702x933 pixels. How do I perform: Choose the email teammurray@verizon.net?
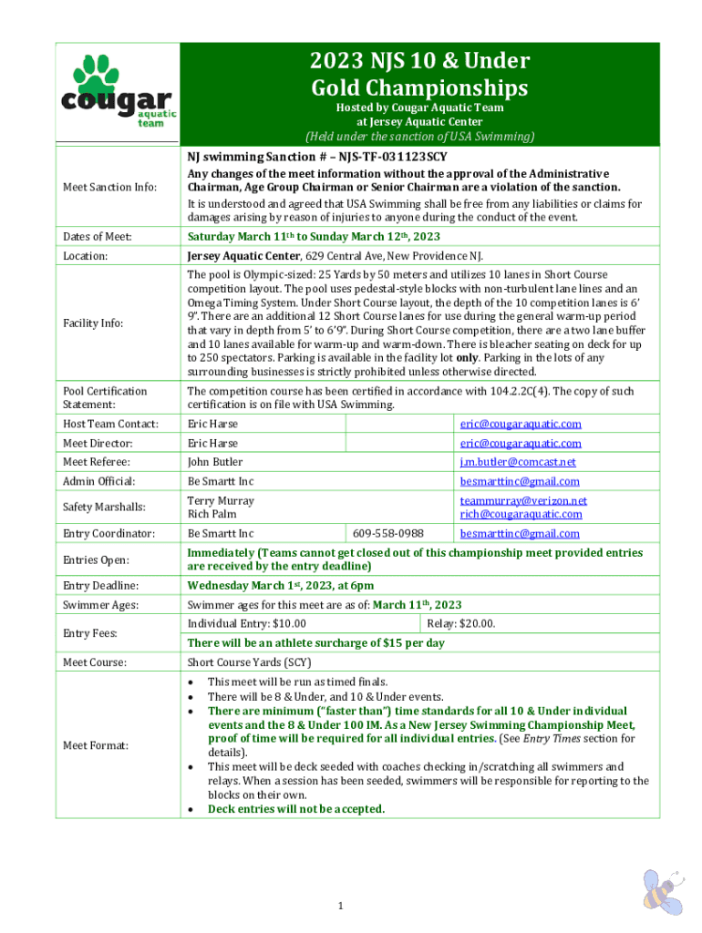pyautogui.click(x=523, y=500)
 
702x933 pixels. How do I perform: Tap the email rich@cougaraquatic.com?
pyautogui.click(x=521, y=514)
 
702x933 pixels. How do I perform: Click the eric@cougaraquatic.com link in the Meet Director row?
pyautogui.click(x=521, y=443)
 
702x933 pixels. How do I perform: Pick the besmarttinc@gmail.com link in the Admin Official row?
pyautogui.click(x=520, y=481)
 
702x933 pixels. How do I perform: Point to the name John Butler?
pyautogui.click(x=215, y=462)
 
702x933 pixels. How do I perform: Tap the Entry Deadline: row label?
pyautogui.click(x=101, y=585)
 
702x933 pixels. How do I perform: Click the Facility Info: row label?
pyautogui.click(x=93, y=323)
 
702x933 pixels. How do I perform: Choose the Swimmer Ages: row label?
pyautogui.click(x=99, y=605)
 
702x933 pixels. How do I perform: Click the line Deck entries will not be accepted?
pyautogui.click(x=295, y=808)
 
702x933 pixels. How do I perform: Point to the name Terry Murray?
pyautogui.click(x=221, y=500)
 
